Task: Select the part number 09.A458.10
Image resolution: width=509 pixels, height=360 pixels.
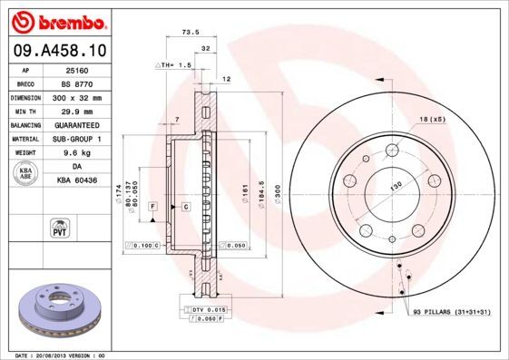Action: click(x=59, y=49)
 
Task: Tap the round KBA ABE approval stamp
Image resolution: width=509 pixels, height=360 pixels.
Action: click(x=26, y=174)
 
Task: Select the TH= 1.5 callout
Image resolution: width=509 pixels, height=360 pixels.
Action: click(x=173, y=65)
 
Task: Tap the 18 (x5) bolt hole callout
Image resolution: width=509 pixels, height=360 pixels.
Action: click(x=431, y=119)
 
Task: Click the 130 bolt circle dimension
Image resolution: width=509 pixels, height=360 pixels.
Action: click(x=396, y=185)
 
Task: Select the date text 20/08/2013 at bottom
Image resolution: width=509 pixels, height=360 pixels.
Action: click(x=58, y=355)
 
